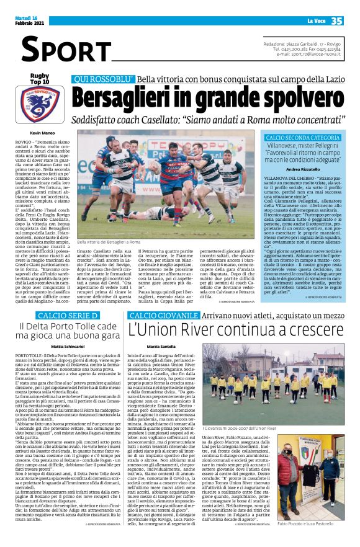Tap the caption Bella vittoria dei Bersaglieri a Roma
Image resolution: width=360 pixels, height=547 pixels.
pos(109,241)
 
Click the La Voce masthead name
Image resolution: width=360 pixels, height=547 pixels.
pos(307,21)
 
